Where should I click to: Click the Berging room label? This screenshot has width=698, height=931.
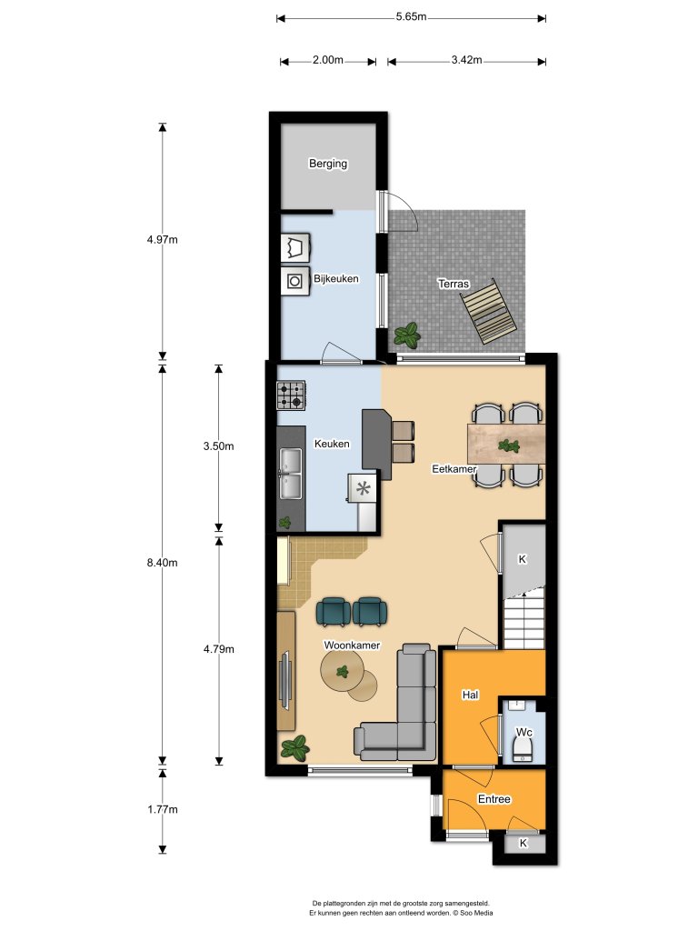(x=327, y=164)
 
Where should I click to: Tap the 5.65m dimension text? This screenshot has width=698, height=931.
(x=412, y=16)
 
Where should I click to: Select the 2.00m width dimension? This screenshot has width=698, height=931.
(x=327, y=60)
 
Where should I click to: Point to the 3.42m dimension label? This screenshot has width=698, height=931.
(x=466, y=60)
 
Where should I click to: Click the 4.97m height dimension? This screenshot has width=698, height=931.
(x=162, y=240)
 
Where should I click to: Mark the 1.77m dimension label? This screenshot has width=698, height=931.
(x=162, y=809)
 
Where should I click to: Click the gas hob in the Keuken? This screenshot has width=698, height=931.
(x=291, y=395)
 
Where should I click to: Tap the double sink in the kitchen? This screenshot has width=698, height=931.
(x=291, y=473)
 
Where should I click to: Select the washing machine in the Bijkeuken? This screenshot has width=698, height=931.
(x=295, y=280)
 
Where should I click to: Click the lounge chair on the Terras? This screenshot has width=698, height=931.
(x=489, y=312)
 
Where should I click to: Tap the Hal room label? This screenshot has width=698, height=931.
(x=470, y=695)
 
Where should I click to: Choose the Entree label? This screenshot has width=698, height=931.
(x=494, y=799)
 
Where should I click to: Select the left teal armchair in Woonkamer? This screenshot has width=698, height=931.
(x=334, y=612)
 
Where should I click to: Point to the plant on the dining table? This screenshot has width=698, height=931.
(x=508, y=445)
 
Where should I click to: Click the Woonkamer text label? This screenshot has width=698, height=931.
(x=352, y=646)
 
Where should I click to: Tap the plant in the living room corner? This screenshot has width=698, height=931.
(x=295, y=747)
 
